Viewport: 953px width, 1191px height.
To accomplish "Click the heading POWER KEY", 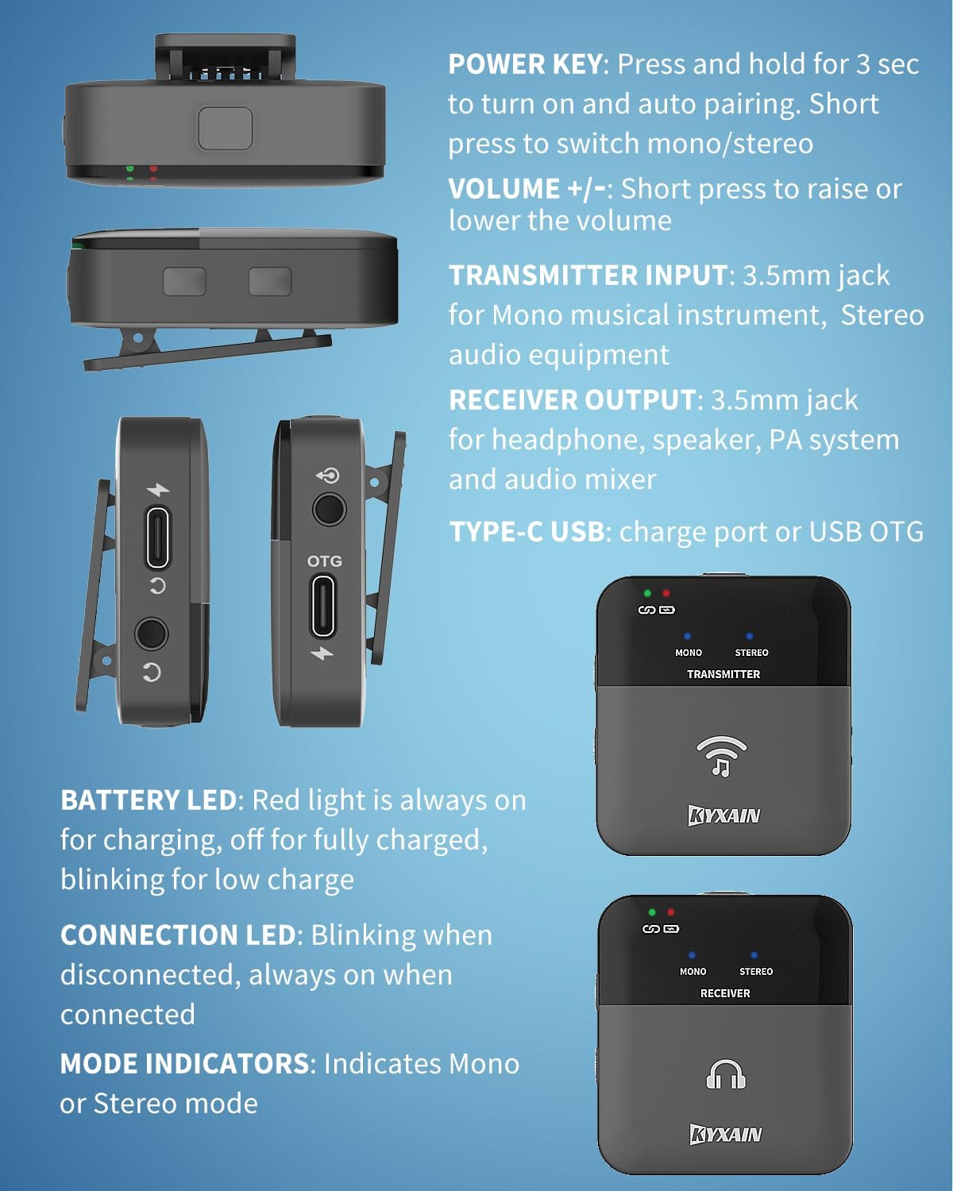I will coord(524,64).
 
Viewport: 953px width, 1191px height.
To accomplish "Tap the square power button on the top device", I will coord(226,129).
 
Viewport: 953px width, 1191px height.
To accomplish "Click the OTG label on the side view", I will coord(324,561).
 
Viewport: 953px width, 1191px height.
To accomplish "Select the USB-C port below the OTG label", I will coord(323,607).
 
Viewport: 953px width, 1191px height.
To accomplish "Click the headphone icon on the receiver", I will coord(726,1075).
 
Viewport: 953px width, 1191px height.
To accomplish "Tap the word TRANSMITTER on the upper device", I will coord(723,674).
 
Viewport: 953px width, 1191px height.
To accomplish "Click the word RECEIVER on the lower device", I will coord(724,993).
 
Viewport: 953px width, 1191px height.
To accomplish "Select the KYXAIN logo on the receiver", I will coord(725,1134).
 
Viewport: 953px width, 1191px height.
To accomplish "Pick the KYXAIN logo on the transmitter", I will coord(723,815).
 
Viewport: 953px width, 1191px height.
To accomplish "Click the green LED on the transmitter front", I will coord(647,593).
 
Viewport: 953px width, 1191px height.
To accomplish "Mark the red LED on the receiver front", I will coord(671,912).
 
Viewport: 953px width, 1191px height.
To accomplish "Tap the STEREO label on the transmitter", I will coord(751,653).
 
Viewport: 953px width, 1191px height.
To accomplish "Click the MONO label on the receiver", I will coord(693,972).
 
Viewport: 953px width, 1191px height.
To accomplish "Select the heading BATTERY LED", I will coord(149,800).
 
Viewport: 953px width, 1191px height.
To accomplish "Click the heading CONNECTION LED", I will coord(178,935).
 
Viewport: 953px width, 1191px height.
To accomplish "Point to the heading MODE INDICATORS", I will coord(184,1064).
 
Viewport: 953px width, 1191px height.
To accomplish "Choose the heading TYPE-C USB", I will coord(527,532).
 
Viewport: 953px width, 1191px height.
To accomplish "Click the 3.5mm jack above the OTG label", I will coord(328,509).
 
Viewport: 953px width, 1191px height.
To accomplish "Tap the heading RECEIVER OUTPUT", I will coord(572,400).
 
